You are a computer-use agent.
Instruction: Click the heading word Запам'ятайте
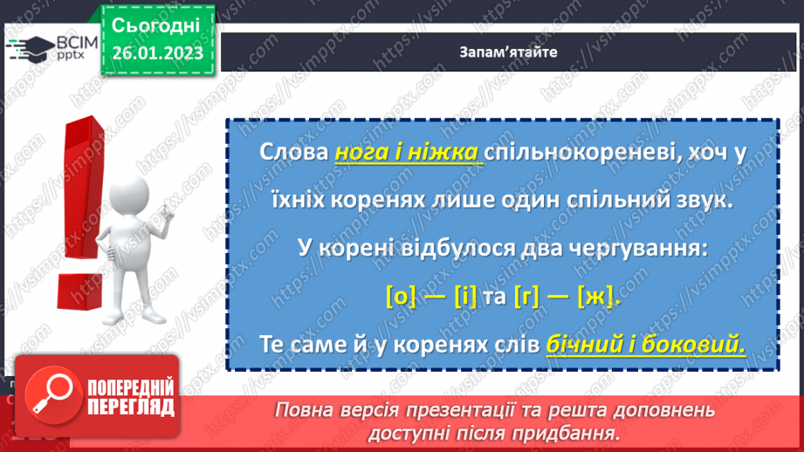(x=507, y=51)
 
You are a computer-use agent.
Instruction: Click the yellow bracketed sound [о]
(x=400, y=297)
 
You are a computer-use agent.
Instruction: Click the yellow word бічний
(x=581, y=346)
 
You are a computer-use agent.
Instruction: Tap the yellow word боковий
(x=697, y=346)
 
